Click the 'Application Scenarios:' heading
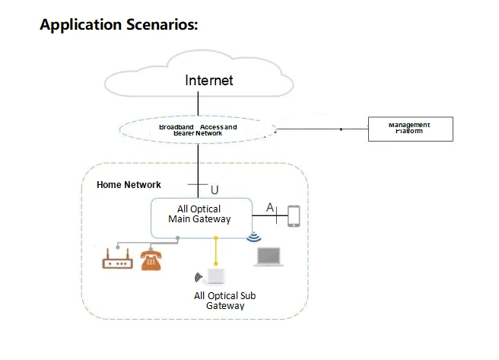point(119,25)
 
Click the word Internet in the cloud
point(209,80)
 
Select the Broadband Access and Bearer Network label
point(198,129)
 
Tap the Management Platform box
point(410,129)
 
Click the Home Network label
point(129,185)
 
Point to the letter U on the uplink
point(215,190)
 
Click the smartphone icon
point(294,216)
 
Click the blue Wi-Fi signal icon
point(253,237)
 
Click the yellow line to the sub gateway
point(217,251)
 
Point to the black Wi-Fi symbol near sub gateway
point(200,277)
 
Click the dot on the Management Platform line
point(341,129)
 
